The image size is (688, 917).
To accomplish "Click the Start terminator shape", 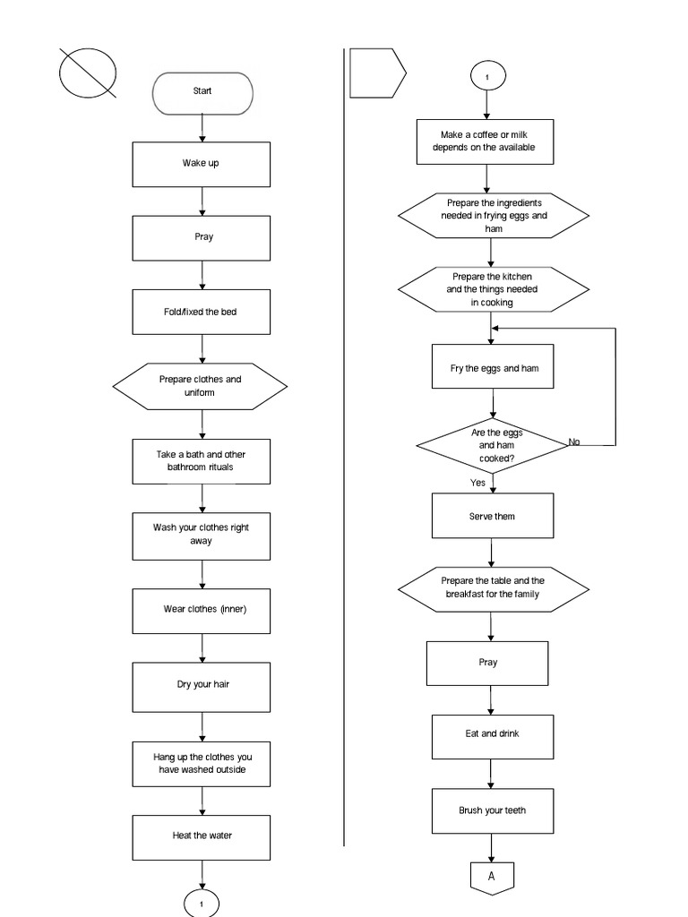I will [202, 92].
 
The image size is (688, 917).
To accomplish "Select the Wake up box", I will [202, 164].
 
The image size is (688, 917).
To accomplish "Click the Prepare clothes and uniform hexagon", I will [200, 386].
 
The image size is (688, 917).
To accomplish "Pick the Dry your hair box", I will [202, 685].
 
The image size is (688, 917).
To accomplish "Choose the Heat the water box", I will [202, 836].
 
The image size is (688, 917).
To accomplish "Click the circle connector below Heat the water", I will [202, 904].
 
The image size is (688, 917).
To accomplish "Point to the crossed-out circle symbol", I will [88, 72].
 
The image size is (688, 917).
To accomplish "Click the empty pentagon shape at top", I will [376, 72].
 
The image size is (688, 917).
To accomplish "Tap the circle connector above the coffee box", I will [486, 77].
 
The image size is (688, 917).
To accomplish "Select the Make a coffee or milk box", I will [485, 141].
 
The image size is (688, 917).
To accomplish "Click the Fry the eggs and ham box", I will [492, 367].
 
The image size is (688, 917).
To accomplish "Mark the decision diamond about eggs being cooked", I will [492, 445].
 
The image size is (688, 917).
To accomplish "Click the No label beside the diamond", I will [574, 441].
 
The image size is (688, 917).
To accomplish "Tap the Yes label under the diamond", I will [477, 483].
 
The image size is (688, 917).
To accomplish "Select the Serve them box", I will [492, 517].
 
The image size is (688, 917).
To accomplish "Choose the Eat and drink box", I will [492, 735].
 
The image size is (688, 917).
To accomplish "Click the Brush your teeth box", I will [492, 810].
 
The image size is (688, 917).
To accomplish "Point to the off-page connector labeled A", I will [491, 877].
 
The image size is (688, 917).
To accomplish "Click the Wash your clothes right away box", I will [202, 535].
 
